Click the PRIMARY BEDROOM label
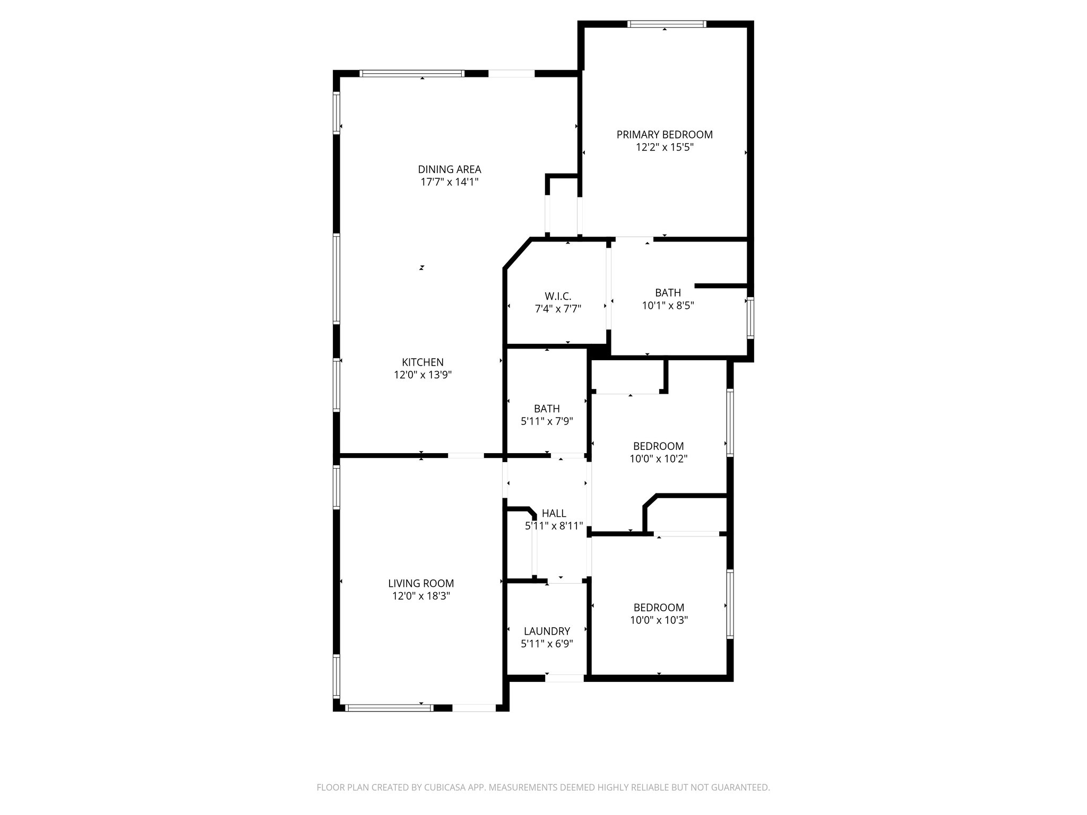click(664, 135)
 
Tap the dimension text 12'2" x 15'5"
click(665, 148)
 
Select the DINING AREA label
click(450, 169)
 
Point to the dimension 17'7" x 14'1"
click(450, 182)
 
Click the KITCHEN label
click(422, 362)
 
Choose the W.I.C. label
click(558, 296)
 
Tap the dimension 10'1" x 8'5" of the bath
click(668, 306)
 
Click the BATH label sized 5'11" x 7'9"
click(547, 409)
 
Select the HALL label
click(554, 513)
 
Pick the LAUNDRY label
click(547, 631)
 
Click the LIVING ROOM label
click(421, 583)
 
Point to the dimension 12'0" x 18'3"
click(421, 596)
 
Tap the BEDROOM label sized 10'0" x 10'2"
click(658, 446)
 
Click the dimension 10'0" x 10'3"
click(659, 620)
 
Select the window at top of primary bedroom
click(667, 24)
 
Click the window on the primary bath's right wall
click(750, 318)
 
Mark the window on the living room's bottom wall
click(389, 707)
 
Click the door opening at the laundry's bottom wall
click(564, 678)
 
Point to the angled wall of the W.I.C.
click(516, 254)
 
